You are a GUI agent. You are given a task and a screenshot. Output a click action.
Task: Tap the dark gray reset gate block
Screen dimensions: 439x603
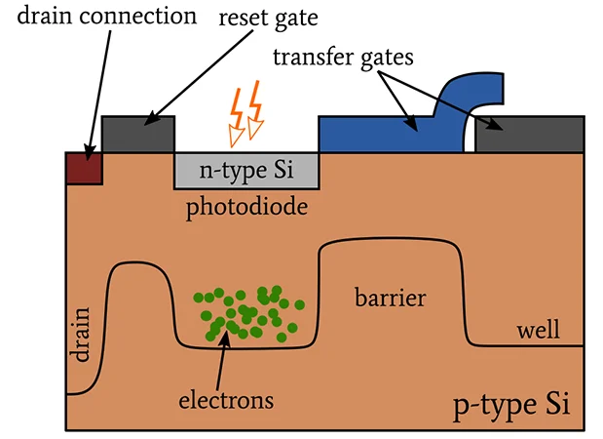pyautogui.click(x=137, y=134)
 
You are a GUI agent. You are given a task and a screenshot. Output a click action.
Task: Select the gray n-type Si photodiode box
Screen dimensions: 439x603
pyautogui.click(x=246, y=171)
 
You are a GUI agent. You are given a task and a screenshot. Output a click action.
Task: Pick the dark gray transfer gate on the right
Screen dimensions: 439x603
pyautogui.click(x=529, y=134)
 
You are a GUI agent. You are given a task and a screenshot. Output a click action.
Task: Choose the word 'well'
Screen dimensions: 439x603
pyautogui.click(x=539, y=331)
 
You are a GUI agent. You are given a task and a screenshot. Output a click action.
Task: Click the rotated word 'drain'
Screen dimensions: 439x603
pyautogui.click(x=81, y=335)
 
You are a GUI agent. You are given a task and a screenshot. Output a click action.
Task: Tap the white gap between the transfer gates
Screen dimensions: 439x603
pyautogui.click(x=470, y=137)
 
